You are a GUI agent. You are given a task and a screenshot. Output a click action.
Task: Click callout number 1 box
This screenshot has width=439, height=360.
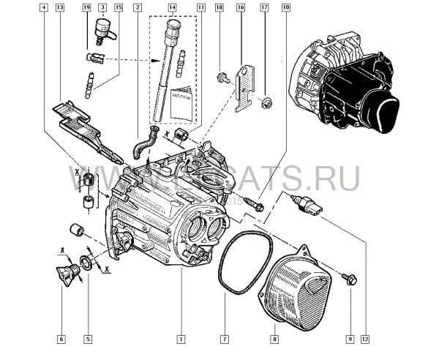point(180,338)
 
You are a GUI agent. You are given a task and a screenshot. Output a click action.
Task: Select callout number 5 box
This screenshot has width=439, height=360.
point(88,338)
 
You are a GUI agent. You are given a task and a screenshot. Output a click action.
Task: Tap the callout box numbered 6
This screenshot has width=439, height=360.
point(61,338)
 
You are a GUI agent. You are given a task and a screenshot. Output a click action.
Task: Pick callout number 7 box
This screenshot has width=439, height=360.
point(225,338)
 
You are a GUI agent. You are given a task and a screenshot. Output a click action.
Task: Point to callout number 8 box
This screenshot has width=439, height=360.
point(274,338)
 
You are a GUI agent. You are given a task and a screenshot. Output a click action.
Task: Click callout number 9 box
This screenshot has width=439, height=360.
point(350,338)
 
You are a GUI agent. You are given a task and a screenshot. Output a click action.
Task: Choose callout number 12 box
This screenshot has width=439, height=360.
point(365,338)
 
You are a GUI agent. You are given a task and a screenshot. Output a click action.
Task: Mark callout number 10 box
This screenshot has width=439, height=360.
point(285,7)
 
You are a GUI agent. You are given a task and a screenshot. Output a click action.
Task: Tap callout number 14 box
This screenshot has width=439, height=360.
point(173,7)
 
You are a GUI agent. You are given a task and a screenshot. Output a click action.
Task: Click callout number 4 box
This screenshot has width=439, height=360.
point(45,7)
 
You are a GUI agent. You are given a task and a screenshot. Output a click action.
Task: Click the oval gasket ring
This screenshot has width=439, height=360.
point(236,259)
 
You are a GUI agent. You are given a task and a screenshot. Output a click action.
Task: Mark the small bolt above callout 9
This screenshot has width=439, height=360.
point(348,278)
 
